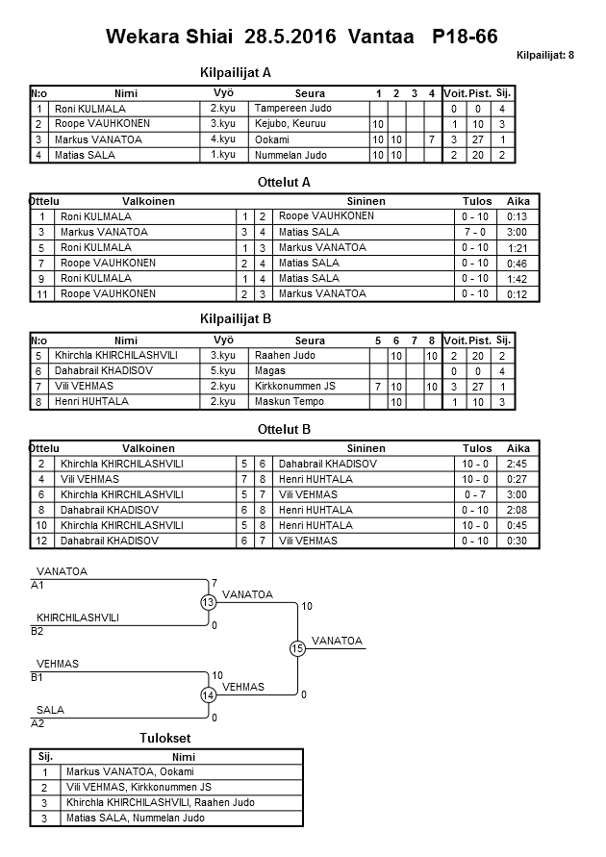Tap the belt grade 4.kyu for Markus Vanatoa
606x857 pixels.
click(x=222, y=139)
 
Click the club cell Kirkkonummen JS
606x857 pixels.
click(x=300, y=386)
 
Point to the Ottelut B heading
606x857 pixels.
click(x=286, y=429)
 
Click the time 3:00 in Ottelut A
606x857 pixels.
click(x=517, y=232)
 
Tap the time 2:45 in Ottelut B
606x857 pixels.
click(x=518, y=464)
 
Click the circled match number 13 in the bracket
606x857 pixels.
click(x=208, y=602)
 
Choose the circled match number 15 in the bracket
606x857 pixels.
click(x=297, y=649)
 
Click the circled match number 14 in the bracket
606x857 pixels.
click(x=208, y=694)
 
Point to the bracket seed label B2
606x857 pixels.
click(x=38, y=631)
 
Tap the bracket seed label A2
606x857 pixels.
click(x=38, y=722)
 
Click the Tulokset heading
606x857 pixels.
click(x=165, y=738)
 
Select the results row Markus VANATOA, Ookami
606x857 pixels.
click(x=130, y=771)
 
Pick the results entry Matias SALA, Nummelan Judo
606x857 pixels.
click(x=135, y=818)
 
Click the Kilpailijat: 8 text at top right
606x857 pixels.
click(x=544, y=56)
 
